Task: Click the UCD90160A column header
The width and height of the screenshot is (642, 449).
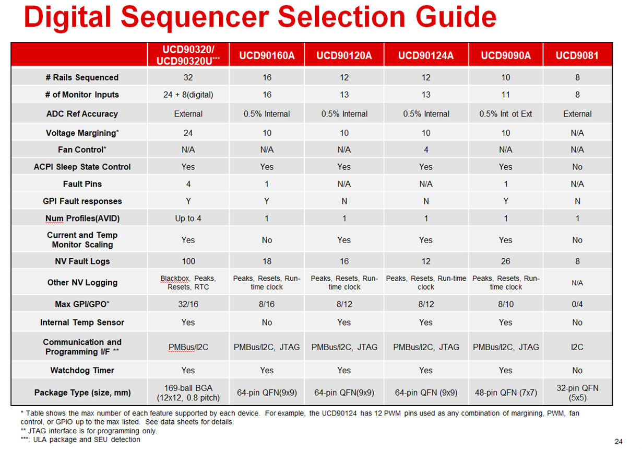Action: pos(267,55)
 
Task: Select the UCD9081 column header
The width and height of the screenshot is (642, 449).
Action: pos(577,55)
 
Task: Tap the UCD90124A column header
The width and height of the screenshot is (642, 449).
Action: pos(426,55)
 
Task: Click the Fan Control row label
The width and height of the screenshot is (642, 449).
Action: pos(82,149)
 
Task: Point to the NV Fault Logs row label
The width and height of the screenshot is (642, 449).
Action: pos(82,261)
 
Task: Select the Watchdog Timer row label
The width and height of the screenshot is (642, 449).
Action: pos(82,371)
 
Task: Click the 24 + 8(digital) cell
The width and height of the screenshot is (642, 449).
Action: pos(188,95)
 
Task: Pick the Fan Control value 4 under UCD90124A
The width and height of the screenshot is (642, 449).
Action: pos(426,149)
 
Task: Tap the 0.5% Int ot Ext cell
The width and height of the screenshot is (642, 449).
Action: pos(506,114)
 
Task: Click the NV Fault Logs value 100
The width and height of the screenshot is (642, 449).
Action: pos(188,261)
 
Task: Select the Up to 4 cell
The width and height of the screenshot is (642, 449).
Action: pos(188,218)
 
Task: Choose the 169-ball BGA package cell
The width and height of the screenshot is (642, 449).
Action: pos(188,393)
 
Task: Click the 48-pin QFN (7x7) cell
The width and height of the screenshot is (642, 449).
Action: pos(506,393)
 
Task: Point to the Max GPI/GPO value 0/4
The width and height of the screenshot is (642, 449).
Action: pos(577,304)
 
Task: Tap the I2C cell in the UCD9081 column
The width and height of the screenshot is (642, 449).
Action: pos(577,347)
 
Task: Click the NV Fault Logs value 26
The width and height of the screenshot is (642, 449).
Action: pos(506,261)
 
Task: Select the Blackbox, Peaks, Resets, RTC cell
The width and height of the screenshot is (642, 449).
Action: pos(188,282)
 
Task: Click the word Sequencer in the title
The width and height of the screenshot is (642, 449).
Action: pos(195,17)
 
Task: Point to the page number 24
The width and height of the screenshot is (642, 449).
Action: pos(619,441)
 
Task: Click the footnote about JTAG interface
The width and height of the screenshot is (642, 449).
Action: pos(89,431)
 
